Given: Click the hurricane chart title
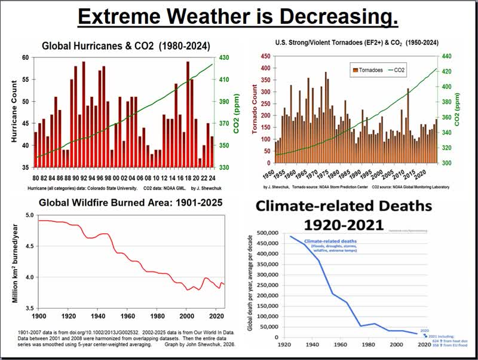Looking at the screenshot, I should point(125,45).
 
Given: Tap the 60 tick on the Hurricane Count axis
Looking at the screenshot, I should point(26,57).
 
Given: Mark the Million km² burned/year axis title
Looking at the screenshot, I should point(14,261).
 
